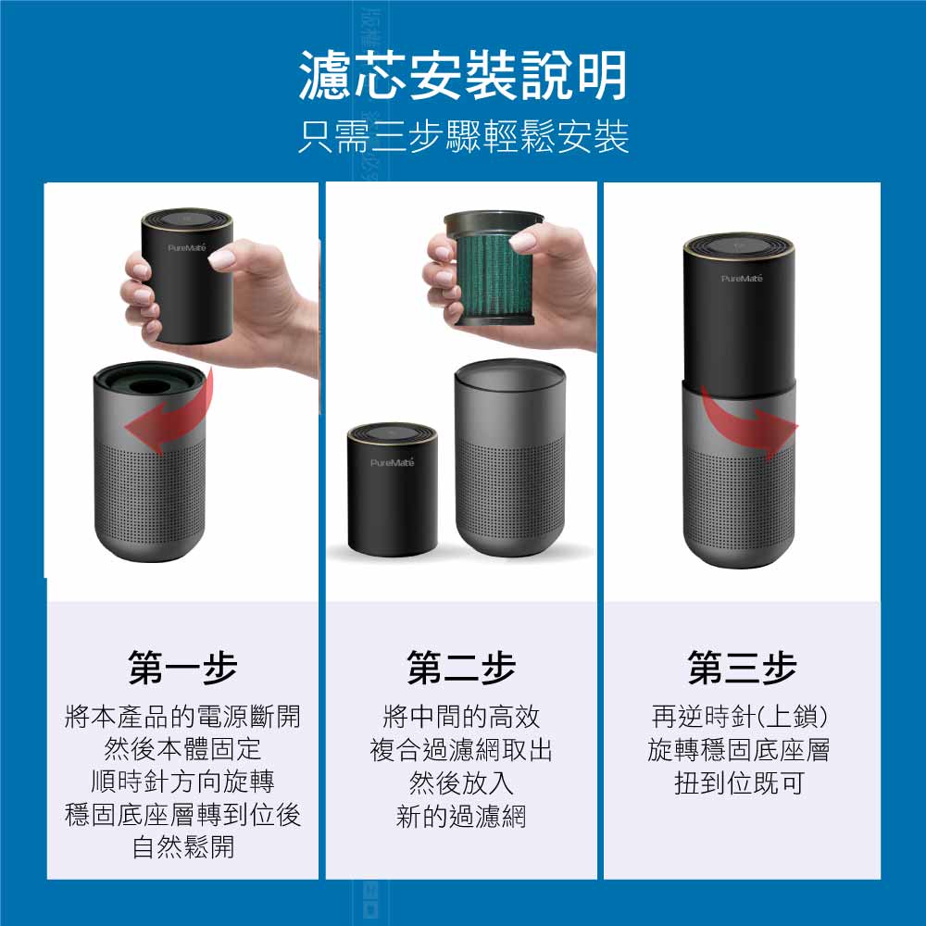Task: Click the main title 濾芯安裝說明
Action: point(462,75)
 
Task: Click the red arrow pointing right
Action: point(750,424)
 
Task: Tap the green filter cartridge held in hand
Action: point(494,269)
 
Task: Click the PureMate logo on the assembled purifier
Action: point(742,278)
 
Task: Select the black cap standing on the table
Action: point(392,489)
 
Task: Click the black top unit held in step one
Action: point(187,276)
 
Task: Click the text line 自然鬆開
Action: point(183,847)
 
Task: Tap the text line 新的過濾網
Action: point(461,816)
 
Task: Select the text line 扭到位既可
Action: point(739,783)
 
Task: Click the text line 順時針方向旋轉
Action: point(182,782)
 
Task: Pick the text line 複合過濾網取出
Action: point(461,749)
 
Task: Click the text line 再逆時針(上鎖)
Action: point(739,717)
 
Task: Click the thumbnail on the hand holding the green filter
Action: point(522,241)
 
